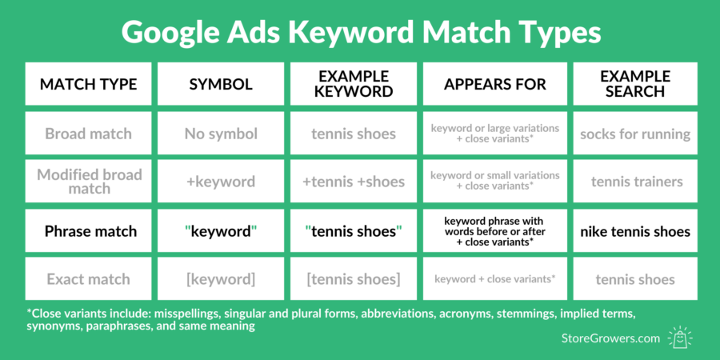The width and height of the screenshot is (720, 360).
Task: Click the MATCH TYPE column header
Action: [89, 84]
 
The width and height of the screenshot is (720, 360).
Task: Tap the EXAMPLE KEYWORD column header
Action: [354, 84]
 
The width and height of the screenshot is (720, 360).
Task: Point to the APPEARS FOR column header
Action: [494, 84]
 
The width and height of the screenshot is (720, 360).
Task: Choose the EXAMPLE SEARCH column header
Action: [635, 84]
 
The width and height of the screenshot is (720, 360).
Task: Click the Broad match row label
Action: [89, 134]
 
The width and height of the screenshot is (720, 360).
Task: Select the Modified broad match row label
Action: [89, 182]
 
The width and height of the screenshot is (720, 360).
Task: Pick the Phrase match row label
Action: [89, 231]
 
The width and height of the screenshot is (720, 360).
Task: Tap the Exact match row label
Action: [89, 279]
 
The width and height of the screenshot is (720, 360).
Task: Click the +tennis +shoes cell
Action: [354, 182]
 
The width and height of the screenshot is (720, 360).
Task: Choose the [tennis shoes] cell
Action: [354, 279]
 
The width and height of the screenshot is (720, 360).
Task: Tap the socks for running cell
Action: [635, 134]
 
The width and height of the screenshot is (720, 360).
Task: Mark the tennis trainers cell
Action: [635, 182]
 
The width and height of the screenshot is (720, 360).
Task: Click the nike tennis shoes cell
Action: [635, 231]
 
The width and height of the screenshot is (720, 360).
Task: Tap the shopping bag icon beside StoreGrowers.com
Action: [680, 337]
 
